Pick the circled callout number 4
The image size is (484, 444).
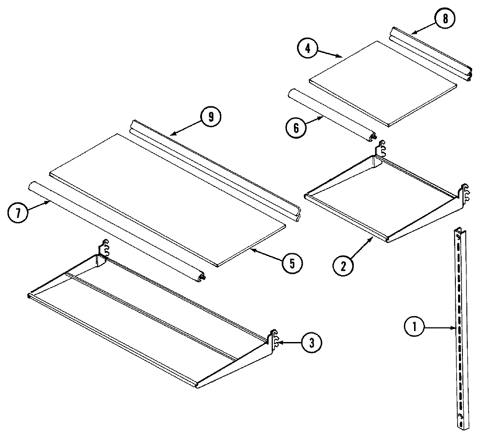pyautogui.click(x=308, y=49)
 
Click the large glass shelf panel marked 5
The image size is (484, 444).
pyautogui.click(x=167, y=198)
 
